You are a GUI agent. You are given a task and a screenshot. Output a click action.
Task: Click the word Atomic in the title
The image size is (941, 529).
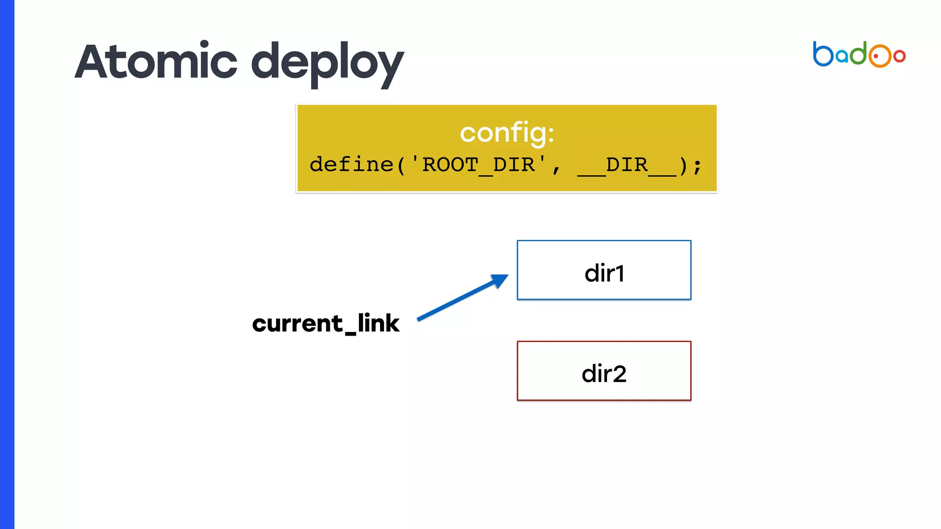point(156,62)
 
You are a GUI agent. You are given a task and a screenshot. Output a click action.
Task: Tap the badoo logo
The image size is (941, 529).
point(859,55)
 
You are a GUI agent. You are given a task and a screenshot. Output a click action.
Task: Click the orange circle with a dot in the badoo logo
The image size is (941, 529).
point(879,56)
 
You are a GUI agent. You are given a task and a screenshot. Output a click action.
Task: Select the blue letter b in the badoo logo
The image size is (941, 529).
point(822,54)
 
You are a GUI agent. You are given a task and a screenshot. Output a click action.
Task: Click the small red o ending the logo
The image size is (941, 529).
point(900,56)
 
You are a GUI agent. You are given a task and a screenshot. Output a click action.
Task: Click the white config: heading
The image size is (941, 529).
point(507,133)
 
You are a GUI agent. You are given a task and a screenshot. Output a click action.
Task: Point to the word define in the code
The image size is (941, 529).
point(351,164)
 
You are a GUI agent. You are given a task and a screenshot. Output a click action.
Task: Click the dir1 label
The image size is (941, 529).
point(604,273)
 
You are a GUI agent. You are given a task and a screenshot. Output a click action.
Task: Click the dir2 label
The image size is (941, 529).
point(604,374)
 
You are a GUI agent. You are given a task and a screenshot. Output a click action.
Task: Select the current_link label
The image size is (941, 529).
point(326,323)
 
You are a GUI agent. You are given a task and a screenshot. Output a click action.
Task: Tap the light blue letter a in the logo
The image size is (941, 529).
point(842,56)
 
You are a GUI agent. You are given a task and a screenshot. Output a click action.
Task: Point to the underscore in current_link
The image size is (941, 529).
point(350,333)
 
